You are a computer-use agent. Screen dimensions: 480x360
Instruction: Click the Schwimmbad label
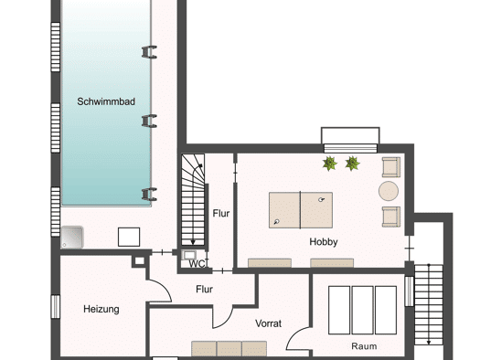106,101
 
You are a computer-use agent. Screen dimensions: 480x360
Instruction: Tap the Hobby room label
324,241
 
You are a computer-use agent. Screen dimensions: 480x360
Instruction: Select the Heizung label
101,309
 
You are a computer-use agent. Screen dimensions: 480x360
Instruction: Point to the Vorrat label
268,323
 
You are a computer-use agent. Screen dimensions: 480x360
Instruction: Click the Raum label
364,346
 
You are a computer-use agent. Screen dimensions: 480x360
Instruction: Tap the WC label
197,264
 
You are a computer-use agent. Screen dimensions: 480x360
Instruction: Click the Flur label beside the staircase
221,213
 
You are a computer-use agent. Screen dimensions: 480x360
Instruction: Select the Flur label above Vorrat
204,289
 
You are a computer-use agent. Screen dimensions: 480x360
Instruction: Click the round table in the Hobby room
389,191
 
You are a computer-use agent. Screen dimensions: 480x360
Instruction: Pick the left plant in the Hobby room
330,164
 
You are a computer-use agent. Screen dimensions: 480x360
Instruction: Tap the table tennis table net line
300,210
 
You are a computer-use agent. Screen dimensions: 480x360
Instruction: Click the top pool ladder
149,52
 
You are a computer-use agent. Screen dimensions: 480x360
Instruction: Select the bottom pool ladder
149,195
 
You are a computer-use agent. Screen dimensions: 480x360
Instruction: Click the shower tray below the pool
72,238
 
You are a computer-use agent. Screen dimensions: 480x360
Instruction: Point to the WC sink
188,255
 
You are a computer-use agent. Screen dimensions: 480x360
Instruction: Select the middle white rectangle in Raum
362,310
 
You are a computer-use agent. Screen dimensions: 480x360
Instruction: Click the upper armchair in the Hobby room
391,167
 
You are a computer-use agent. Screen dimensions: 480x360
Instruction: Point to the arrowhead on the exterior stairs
429,343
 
